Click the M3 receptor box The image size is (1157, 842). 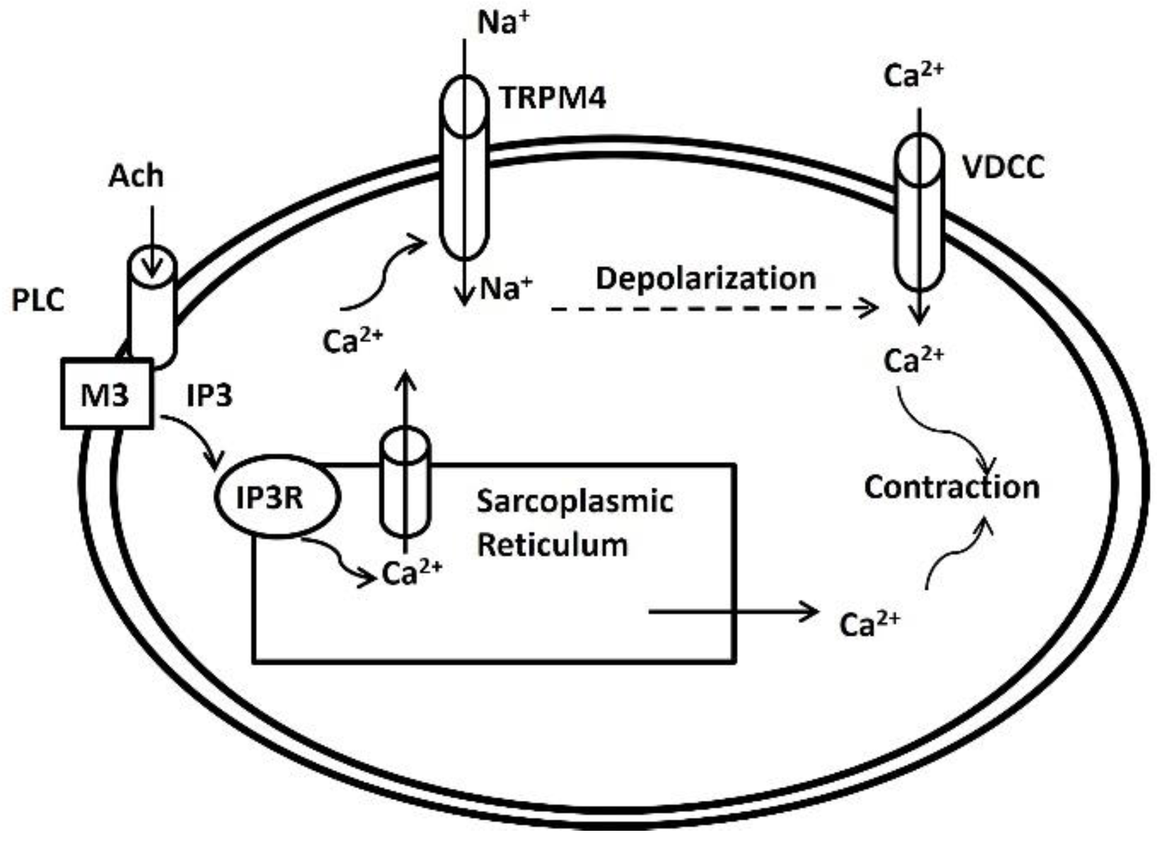click(106, 394)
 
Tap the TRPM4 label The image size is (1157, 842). click(553, 98)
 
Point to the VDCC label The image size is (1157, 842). click(1003, 168)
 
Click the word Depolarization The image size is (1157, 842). click(706, 278)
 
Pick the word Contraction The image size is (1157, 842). click(951, 487)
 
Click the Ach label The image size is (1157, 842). click(136, 176)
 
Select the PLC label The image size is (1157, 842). click(38, 301)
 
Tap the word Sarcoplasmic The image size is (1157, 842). click(574, 502)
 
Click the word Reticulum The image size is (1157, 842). click(553, 545)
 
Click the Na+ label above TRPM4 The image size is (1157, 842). click(503, 23)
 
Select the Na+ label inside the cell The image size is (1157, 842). click(506, 289)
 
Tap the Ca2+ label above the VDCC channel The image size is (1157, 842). click(913, 76)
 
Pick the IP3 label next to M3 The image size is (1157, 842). click(210, 395)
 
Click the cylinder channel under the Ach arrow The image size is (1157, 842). click(152, 307)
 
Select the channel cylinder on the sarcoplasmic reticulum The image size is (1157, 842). click(405, 482)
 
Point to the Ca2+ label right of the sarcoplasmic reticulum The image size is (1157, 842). click(869, 624)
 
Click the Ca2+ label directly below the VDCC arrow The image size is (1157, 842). click(913, 360)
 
